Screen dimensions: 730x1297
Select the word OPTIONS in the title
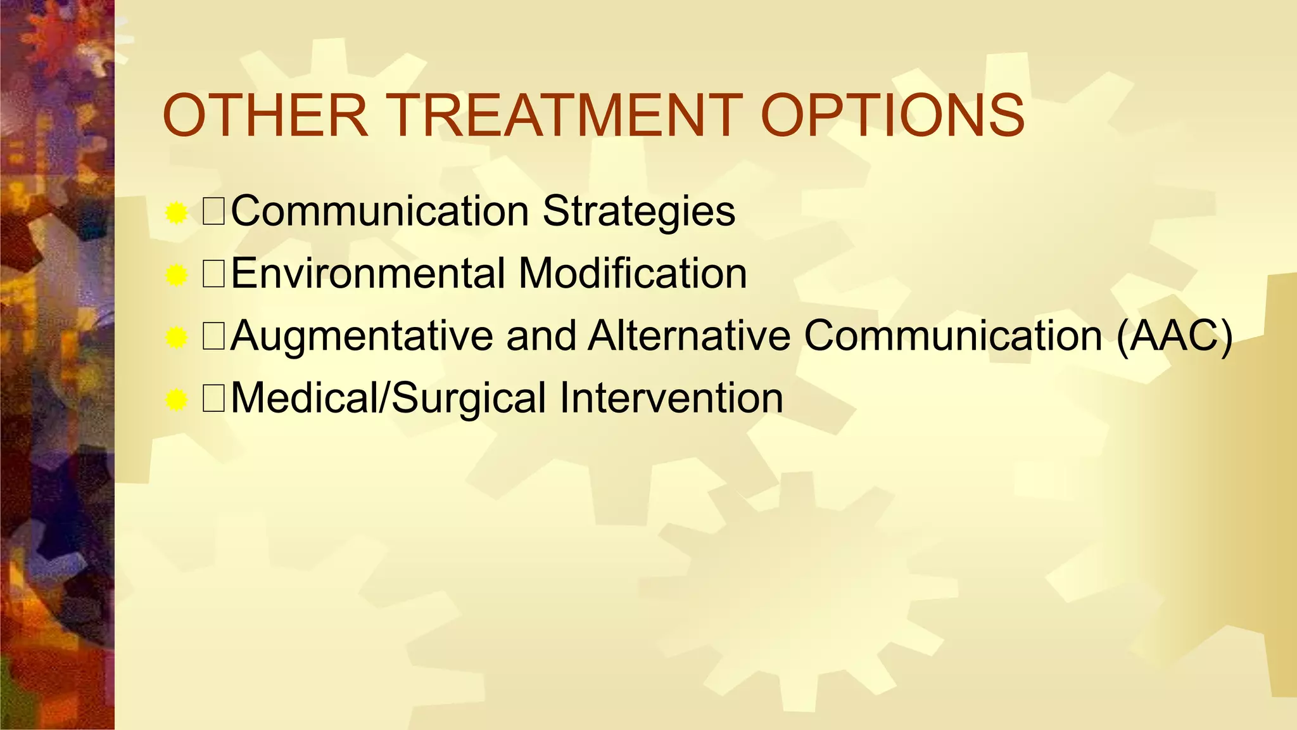[x=892, y=115]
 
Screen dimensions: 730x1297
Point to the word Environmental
[x=367, y=273]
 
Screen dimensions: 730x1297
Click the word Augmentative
[x=362, y=336]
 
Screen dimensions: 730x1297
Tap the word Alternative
[x=689, y=336]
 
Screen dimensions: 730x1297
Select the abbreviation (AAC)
[x=1174, y=336]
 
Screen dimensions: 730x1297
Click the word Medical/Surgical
[x=388, y=399]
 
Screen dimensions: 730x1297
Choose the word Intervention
[x=671, y=399]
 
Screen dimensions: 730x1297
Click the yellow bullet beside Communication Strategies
[x=176, y=214]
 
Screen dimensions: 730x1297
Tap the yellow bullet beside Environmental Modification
[x=176, y=276]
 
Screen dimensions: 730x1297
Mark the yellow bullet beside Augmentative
[x=176, y=338]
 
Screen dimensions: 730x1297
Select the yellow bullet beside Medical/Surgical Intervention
[x=176, y=400]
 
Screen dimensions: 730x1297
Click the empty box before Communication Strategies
[x=213, y=211]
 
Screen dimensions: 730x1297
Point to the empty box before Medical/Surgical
[x=213, y=399]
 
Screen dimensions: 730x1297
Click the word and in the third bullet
[x=540, y=336]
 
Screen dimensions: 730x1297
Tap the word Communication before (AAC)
[x=953, y=336]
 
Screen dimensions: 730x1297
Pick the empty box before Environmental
[x=213, y=273]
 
